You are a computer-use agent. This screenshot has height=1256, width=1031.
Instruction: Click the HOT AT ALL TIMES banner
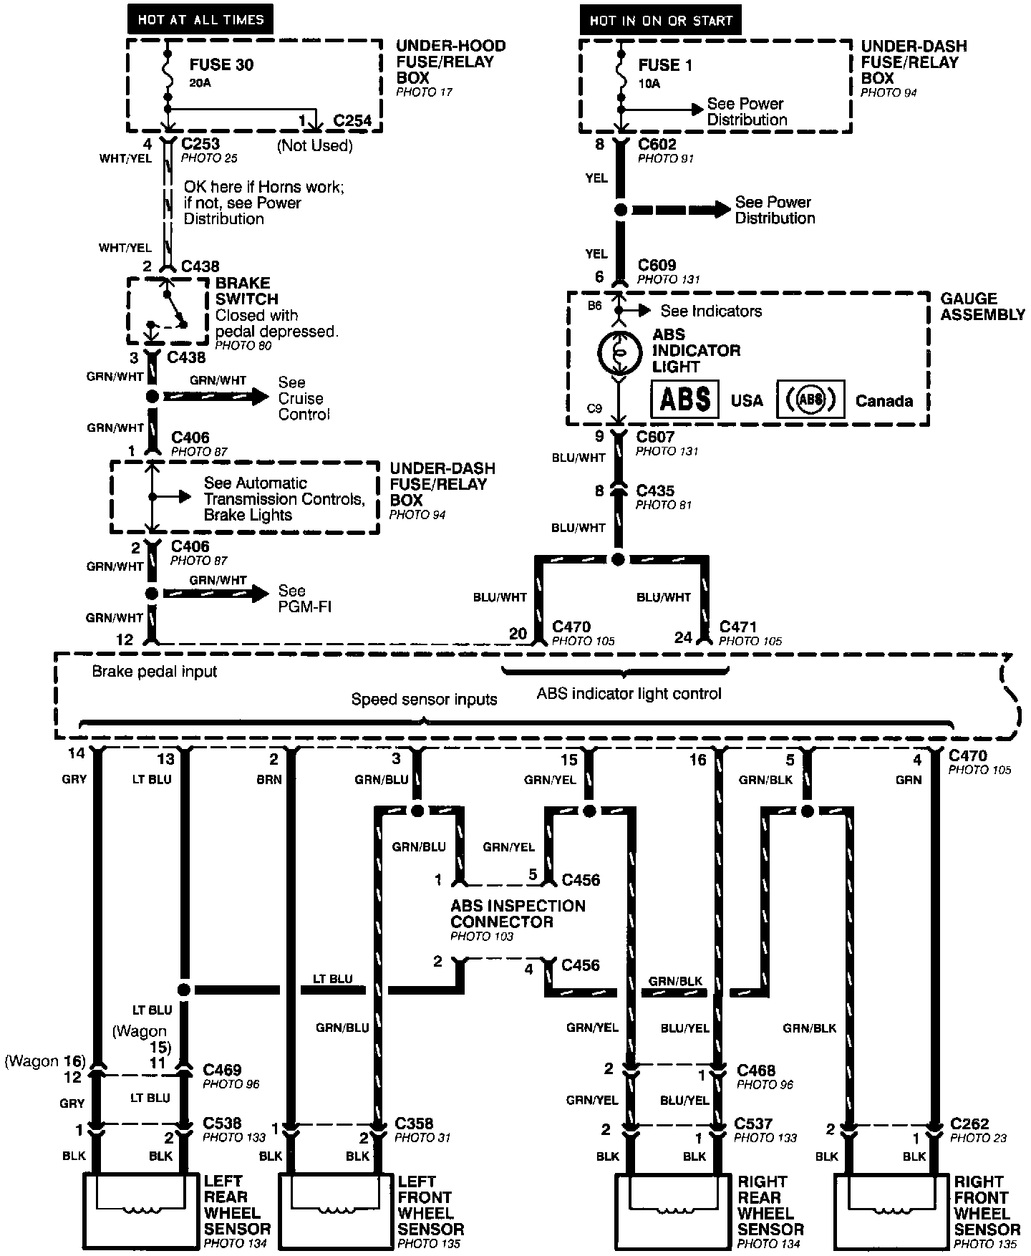(x=200, y=20)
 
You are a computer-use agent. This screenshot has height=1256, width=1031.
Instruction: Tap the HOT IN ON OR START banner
(x=660, y=21)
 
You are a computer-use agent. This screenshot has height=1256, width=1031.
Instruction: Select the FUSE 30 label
(x=221, y=65)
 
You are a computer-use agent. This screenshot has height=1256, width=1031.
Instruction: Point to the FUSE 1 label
(x=665, y=65)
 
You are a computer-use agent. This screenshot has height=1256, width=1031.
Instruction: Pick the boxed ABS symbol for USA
(x=684, y=399)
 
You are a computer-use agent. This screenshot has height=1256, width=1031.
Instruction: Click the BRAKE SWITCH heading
(x=246, y=291)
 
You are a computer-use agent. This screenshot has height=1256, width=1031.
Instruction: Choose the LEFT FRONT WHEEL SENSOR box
(x=334, y=1212)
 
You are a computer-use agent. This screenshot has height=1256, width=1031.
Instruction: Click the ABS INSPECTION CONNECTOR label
(x=518, y=914)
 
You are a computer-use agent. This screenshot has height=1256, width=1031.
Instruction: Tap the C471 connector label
(x=737, y=627)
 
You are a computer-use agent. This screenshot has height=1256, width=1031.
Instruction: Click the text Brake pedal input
(x=155, y=672)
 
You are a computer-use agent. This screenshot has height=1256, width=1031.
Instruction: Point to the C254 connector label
(x=352, y=120)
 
